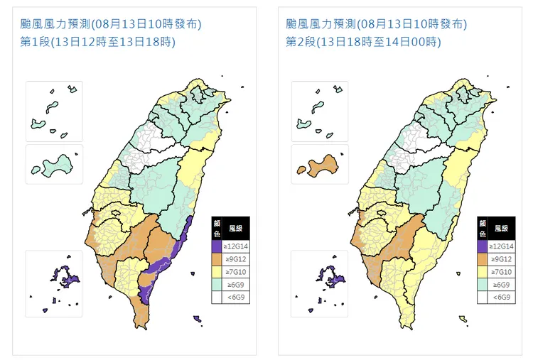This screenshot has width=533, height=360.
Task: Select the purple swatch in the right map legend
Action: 483,246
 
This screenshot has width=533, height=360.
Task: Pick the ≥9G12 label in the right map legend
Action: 502,259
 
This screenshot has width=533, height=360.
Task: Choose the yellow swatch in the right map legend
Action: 483,272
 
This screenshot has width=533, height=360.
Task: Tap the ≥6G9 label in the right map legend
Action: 502,285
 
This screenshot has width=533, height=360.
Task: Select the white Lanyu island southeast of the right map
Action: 463,318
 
